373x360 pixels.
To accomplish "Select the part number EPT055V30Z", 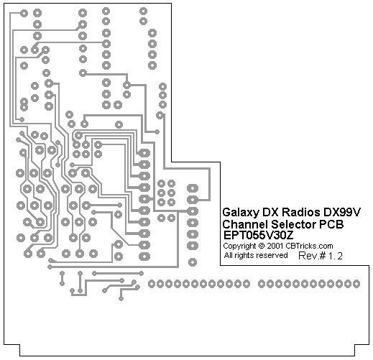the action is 259,235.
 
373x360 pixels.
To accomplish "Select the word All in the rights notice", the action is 229,255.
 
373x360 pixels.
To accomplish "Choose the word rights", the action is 244,256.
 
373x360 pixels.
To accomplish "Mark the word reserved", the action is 271,255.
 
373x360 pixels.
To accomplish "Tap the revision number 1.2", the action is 335,256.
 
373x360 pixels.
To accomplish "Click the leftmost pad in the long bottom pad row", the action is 152,284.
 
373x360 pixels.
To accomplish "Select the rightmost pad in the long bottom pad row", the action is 356,284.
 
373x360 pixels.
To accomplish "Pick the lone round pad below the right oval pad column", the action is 193,262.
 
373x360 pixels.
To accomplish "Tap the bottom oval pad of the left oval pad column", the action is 144,257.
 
